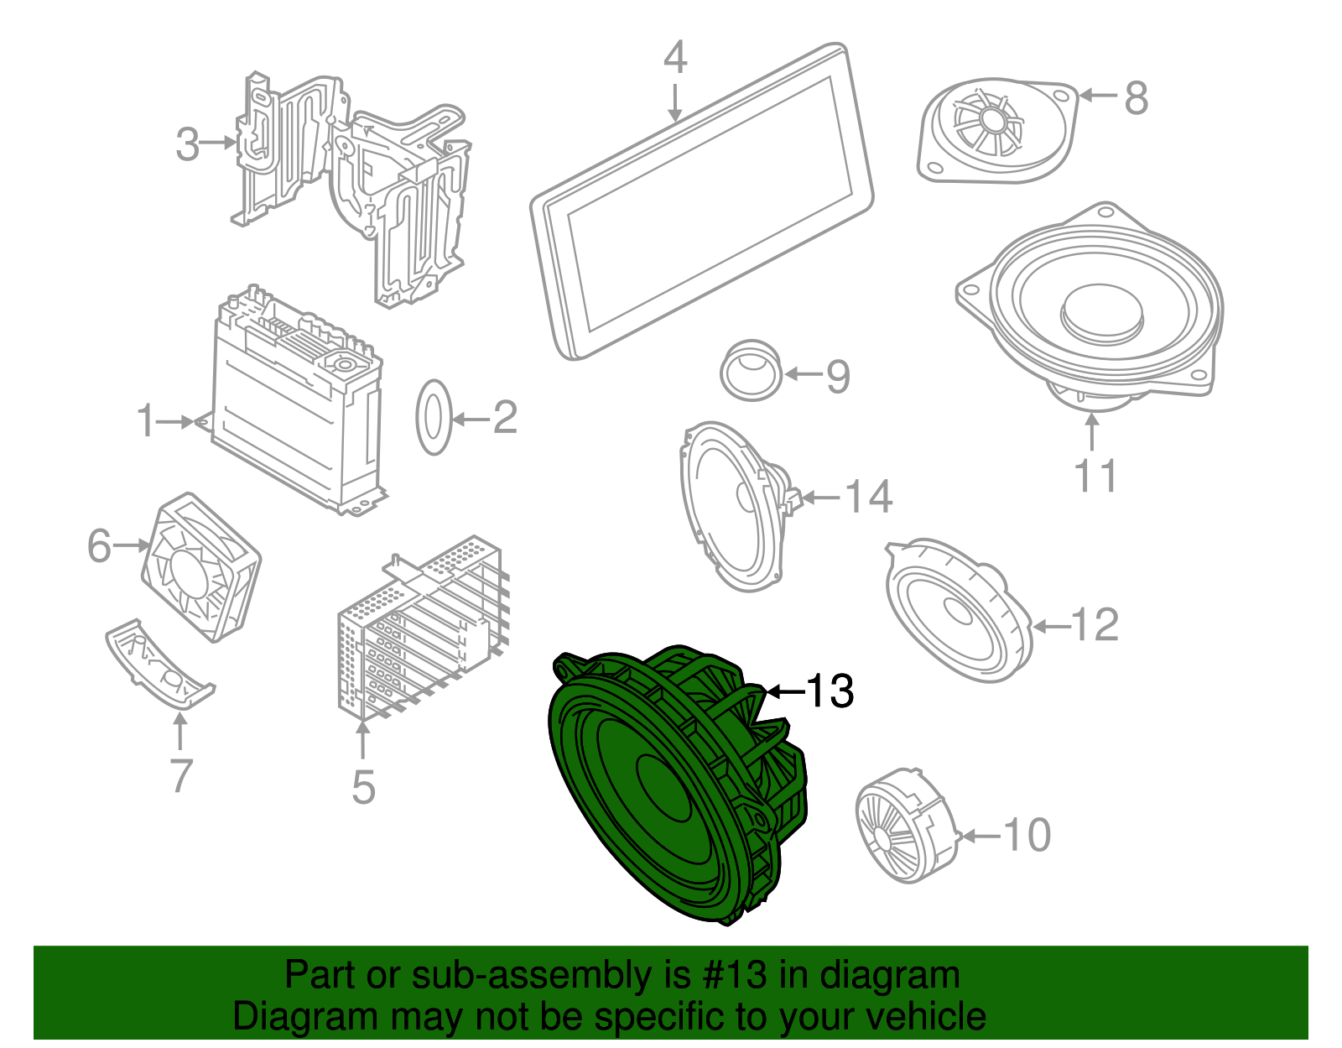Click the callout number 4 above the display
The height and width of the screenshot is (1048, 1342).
coord(675,58)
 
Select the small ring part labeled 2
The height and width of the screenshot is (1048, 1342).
coord(434,417)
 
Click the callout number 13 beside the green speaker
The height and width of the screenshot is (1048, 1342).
coord(830,691)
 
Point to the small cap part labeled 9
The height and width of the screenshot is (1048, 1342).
coord(751,370)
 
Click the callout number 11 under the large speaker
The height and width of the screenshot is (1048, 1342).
coord(1095,476)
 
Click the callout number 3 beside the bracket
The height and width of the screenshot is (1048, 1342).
coord(188,144)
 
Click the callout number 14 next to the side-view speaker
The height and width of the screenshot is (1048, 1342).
coord(868,497)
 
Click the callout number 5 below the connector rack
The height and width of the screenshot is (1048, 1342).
coord(363,786)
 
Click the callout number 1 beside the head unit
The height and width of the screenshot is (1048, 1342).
coord(146,420)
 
